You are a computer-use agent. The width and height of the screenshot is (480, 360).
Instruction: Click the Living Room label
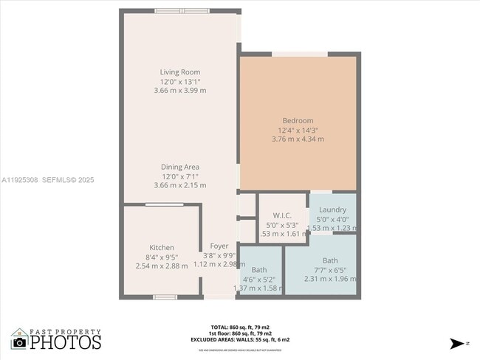(180, 72)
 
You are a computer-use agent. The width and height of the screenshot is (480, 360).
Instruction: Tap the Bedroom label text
(298, 120)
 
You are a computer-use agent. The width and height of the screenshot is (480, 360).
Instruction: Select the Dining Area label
(180, 167)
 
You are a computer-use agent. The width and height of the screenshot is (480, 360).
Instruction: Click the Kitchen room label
(162, 247)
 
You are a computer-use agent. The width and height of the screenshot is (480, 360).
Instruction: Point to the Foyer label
(219, 246)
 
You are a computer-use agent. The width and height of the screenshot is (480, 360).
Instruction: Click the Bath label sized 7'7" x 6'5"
(329, 260)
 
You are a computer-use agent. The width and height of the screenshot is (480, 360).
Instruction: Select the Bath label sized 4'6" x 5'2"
(258, 270)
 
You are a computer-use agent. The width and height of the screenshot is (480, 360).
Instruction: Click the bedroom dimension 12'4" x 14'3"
(298, 130)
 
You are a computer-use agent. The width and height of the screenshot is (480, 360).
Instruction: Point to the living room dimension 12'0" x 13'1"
(180, 81)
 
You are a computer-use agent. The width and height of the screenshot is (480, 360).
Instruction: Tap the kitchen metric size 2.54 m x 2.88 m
(162, 266)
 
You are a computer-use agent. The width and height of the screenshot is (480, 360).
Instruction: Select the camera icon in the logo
(20, 342)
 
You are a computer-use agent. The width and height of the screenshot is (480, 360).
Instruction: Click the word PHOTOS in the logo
(66, 342)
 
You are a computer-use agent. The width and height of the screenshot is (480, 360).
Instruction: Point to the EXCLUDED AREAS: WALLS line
(239, 339)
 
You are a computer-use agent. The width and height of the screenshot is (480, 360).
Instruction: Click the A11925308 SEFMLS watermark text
(48, 179)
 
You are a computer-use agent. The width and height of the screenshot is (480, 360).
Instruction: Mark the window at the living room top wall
(182, 11)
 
